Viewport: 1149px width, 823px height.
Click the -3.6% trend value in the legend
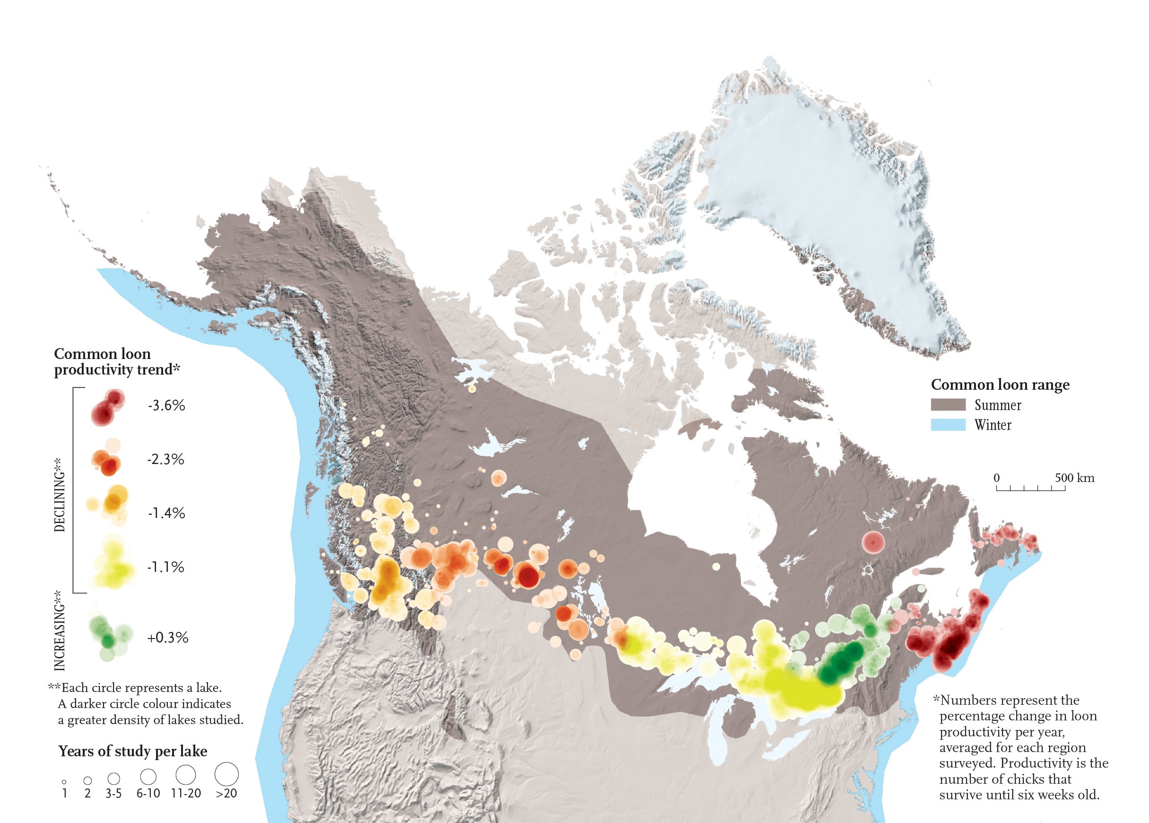166,406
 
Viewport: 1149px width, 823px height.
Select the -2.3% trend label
165,460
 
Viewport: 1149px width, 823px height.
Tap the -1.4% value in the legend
166,513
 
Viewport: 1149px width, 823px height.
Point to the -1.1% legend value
165,567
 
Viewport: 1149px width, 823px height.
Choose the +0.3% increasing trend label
167,638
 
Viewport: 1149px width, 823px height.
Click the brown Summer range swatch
948,404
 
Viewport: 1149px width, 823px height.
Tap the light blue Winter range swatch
948,425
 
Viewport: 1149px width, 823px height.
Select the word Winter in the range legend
992,425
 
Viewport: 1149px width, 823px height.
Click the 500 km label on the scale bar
1074,478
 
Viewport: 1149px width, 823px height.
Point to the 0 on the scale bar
997,478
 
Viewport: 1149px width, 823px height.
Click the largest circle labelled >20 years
226,774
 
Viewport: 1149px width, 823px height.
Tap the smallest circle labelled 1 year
64,782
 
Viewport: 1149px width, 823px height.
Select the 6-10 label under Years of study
148,794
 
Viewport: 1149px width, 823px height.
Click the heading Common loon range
1000,385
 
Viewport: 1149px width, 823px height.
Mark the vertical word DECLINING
60,495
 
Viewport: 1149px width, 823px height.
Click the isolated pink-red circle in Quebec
873,542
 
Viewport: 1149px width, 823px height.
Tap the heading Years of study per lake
133,751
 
